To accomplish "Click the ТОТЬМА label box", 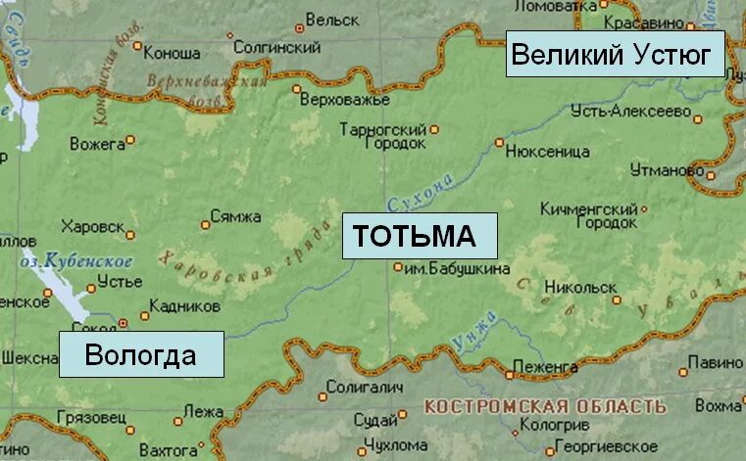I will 419,236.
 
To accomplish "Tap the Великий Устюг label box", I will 616,54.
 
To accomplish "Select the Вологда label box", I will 141,354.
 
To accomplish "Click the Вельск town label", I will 332,19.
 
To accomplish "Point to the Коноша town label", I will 173,53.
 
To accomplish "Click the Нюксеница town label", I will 549,152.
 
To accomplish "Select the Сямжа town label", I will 236,216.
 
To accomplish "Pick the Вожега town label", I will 98,144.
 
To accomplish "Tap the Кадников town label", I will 186,306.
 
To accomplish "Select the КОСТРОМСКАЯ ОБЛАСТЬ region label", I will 545,405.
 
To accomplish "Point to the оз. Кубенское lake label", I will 76,261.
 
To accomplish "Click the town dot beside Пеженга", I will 509,374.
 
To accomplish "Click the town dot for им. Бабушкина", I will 398,267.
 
